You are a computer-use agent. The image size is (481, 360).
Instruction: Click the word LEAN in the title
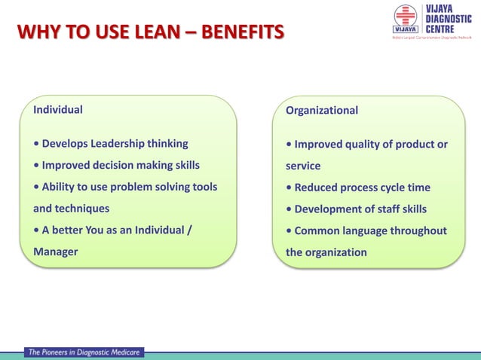click(x=152, y=32)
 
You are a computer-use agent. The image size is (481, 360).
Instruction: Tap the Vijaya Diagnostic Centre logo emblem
click(x=405, y=20)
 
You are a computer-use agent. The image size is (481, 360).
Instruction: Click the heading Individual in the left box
click(x=58, y=109)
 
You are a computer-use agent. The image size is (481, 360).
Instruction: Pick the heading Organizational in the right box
click(x=322, y=111)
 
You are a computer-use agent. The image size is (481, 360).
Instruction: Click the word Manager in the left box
click(x=56, y=252)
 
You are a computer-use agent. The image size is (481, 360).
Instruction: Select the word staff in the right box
click(x=382, y=209)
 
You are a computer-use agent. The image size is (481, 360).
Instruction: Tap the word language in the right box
click(x=371, y=230)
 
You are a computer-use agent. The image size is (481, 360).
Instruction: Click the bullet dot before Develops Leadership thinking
click(x=37, y=144)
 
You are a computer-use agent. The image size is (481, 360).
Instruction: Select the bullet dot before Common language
click(x=290, y=231)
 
